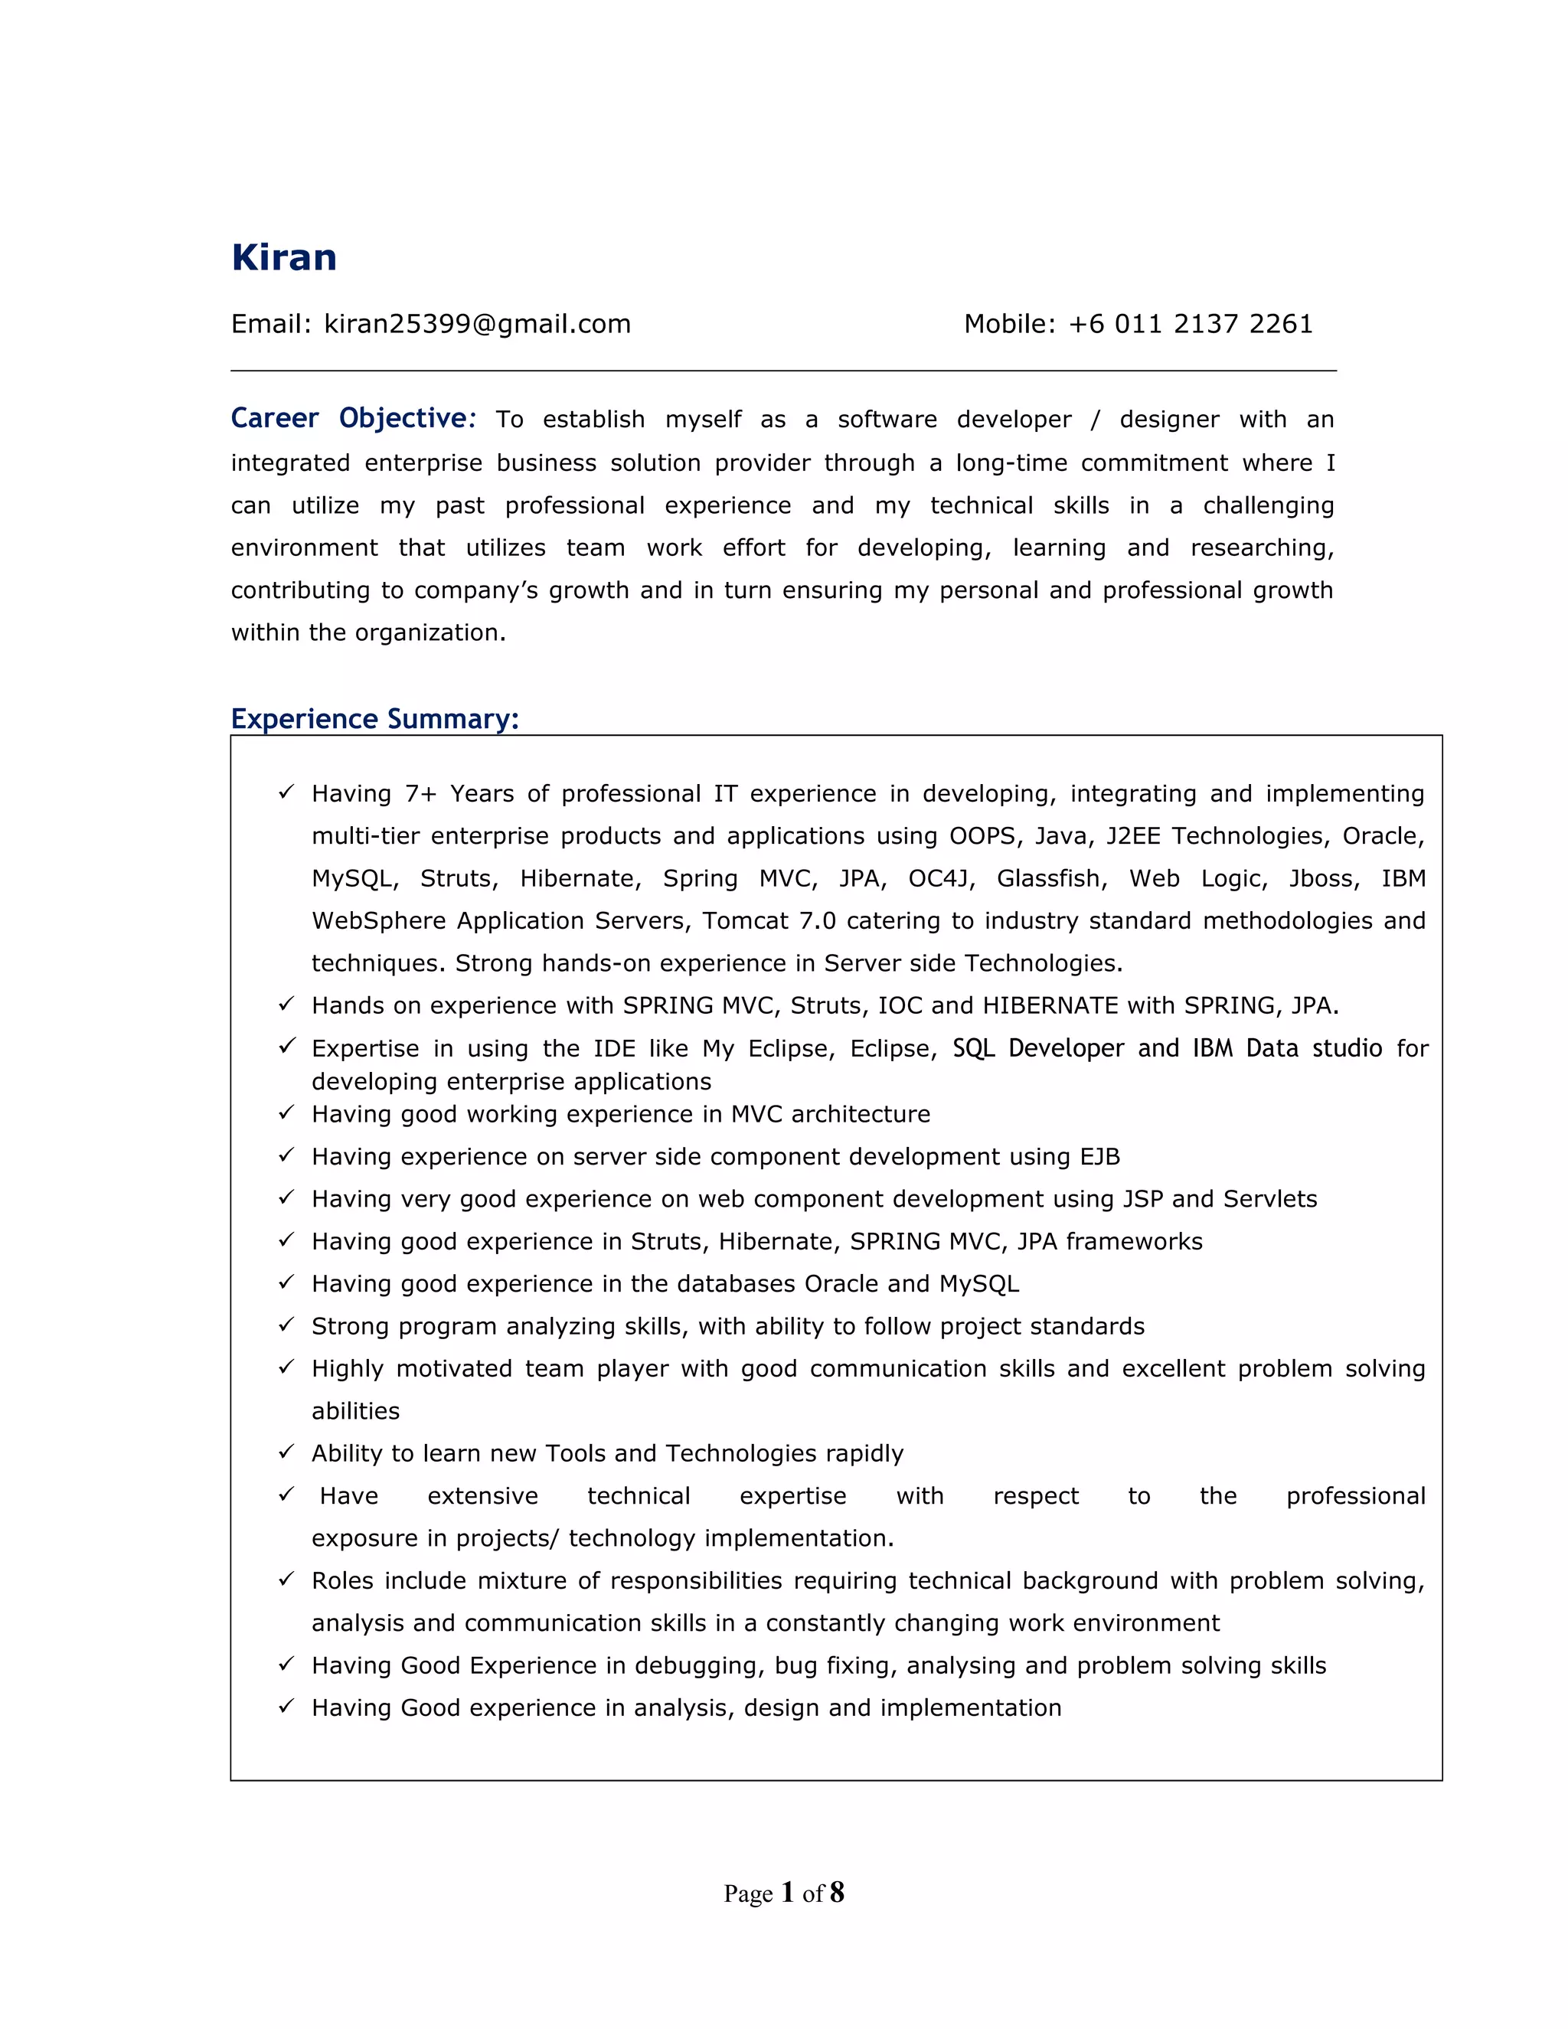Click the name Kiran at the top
[283, 257]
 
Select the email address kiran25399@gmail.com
[476, 324]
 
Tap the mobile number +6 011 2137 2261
[1190, 324]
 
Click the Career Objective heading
[353, 419]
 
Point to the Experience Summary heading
[374, 719]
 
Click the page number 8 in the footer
[837, 1893]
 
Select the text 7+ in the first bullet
[420, 794]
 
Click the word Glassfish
[1051, 879]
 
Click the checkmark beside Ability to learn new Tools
[287, 1452]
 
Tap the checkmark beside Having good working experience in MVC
[287, 1113]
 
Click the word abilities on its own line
[356, 1411]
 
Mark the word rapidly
[860, 1454]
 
